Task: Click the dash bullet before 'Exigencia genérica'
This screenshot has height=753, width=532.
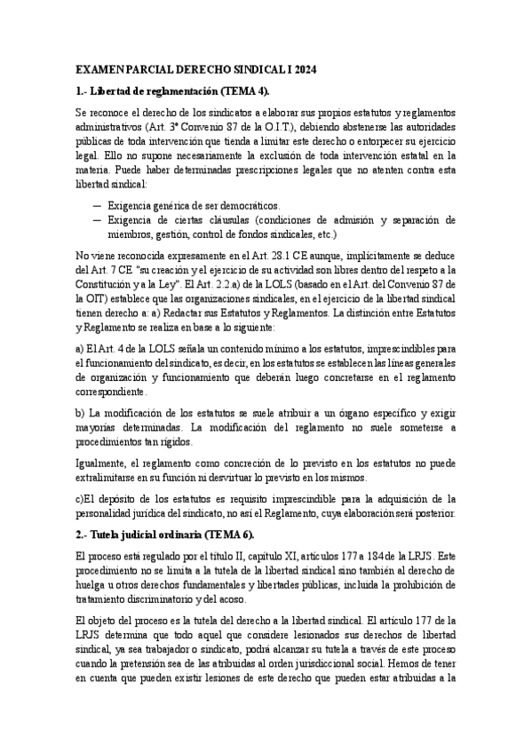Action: point(96,206)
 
